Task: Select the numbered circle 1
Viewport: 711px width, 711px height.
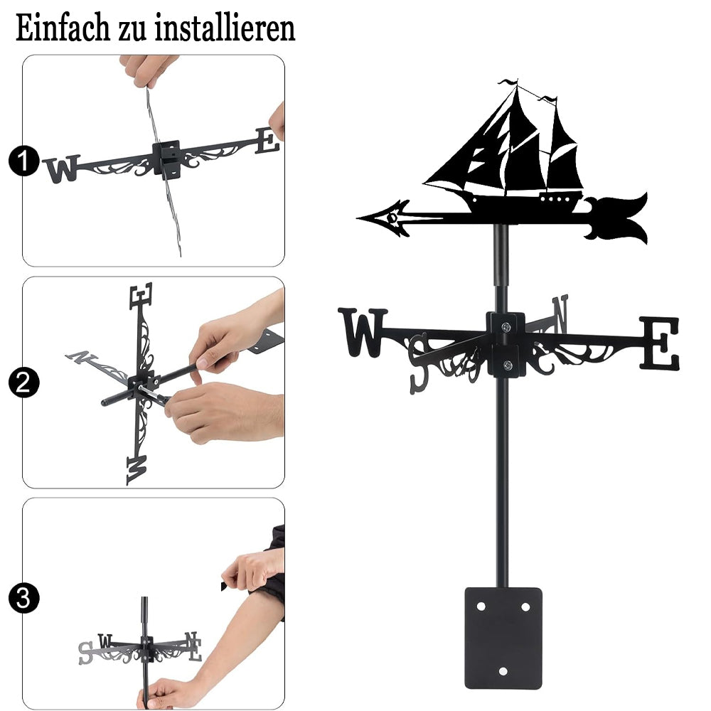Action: click(23, 161)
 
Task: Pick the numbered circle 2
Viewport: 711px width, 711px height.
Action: click(23, 383)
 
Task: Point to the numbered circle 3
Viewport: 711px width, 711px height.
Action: click(23, 598)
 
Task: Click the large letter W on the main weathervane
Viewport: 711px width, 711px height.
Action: click(363, 332)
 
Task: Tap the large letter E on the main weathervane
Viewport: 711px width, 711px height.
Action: click(661, 343)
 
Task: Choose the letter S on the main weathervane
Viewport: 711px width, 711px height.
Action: click(418, 363)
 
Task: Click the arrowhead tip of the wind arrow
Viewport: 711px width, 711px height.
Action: click(358, 219)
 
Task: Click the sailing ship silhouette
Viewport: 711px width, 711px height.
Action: click(503, 149)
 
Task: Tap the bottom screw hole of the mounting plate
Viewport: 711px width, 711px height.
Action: click(503, 671)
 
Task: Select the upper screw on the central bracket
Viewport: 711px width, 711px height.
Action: click(506, 326)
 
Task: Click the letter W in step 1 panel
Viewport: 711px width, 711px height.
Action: click(61, 169)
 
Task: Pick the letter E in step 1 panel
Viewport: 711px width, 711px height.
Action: click(267, 141)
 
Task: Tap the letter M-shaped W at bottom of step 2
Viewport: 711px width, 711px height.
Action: click(137, 470)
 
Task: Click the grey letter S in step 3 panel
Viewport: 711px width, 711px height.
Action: click(85, 653)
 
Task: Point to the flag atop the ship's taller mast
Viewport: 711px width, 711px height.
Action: click(508, 82)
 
